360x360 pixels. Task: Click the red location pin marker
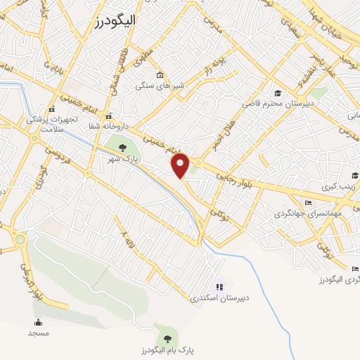(181, 166)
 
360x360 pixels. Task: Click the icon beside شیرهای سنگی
(160, 75)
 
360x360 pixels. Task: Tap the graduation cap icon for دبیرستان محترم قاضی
(278, 93)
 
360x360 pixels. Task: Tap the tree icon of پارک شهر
(123, 147)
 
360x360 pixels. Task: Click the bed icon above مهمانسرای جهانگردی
(308, 202)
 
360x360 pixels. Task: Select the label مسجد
(39, 333)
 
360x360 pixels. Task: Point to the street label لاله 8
(126, 233)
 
